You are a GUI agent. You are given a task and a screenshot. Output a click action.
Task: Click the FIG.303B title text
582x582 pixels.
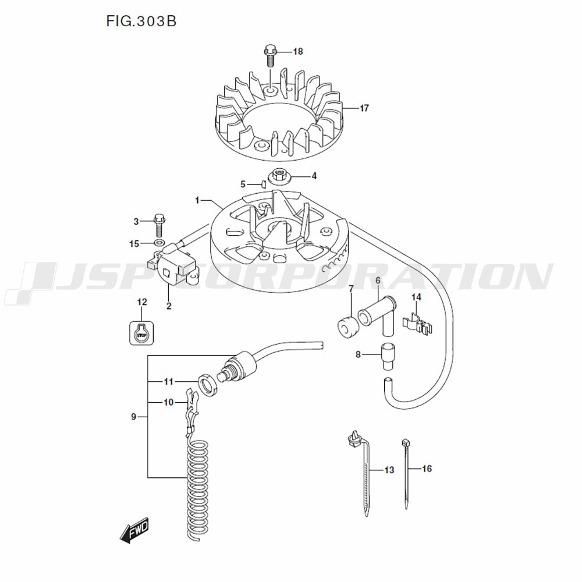[x=141, y=21]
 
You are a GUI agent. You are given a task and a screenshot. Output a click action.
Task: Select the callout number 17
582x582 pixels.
[x=364, y=108]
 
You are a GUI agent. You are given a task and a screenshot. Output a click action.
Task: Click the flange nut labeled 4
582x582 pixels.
[x=279, y=176]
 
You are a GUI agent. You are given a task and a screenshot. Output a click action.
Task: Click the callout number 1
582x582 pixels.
[x=197, y=201]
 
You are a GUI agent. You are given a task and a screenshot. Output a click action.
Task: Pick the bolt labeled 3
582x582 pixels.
[x=159, y=226]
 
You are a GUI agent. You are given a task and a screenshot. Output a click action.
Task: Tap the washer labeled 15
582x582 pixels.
[x=159, y=243]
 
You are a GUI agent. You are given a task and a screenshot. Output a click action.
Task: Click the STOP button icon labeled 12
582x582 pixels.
[x=142, y=332]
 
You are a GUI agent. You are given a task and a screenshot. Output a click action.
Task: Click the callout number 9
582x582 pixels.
[x=134, y=417]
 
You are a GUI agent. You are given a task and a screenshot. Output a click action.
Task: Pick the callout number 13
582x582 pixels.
[x=389, y=470]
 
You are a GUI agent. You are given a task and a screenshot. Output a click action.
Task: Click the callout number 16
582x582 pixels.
[x=427, y=469]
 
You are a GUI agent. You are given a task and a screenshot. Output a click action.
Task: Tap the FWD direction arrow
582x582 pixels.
[x=134, y=530]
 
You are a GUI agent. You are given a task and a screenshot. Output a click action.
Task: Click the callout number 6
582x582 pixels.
[x=378, y=281]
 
